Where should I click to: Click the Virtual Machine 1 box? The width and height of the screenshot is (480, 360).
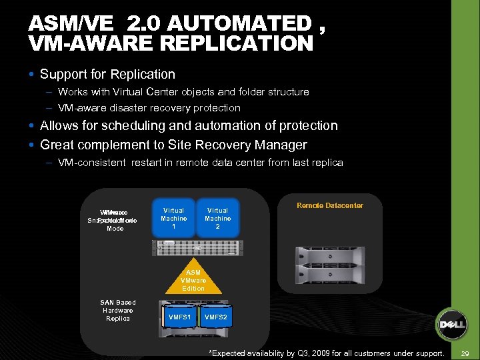click(x=174, y=218)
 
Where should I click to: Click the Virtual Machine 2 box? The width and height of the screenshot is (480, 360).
click(x=217, y=218)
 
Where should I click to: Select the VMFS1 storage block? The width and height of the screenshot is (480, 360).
click(x=180, y=317)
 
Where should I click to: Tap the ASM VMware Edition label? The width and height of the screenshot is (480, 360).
click(x=193, y=281)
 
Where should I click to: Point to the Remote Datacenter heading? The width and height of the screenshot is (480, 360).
click(x=330, y=206)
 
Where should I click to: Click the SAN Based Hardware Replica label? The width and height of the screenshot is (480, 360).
click(x=118, y=311)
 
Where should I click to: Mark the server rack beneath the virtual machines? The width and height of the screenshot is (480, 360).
click(x=197, y=247)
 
